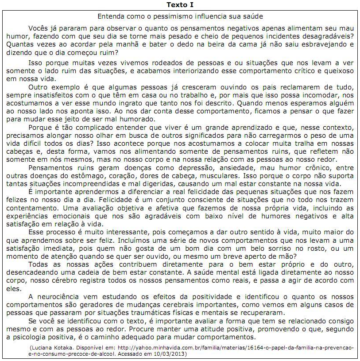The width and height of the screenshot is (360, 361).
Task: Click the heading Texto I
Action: coord(180,5)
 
